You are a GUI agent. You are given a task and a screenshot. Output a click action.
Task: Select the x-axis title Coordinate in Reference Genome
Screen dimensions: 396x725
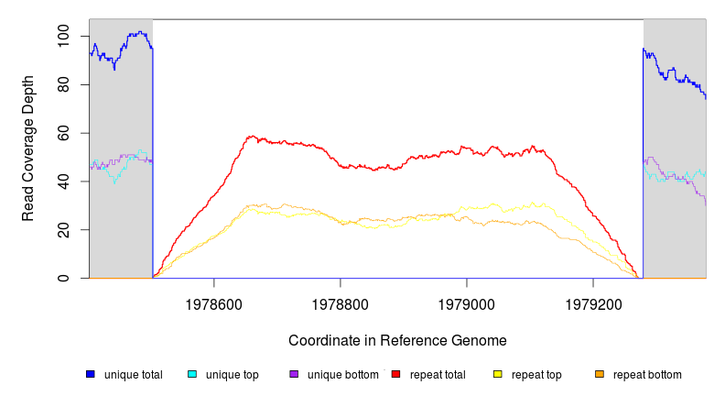tap(397, 340)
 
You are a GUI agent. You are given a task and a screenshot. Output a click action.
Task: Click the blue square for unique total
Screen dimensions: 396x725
tap(91, 374)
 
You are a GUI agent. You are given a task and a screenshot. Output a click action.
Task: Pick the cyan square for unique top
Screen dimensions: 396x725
tap(192, 374)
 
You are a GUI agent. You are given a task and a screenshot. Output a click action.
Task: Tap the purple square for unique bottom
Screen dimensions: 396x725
tap(294, 374)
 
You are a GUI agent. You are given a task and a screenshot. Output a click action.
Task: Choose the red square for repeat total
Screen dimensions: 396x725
tap(395, 374)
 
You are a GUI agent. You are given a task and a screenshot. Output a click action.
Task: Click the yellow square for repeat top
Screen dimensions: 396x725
tap(498, 374)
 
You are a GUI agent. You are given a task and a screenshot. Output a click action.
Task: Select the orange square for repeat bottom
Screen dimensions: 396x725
tap(600, 374)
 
